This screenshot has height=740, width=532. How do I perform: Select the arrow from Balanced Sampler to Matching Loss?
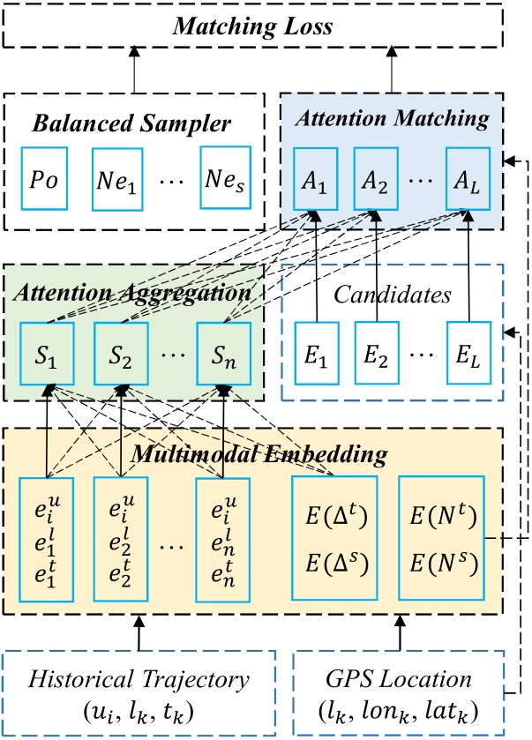136,70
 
